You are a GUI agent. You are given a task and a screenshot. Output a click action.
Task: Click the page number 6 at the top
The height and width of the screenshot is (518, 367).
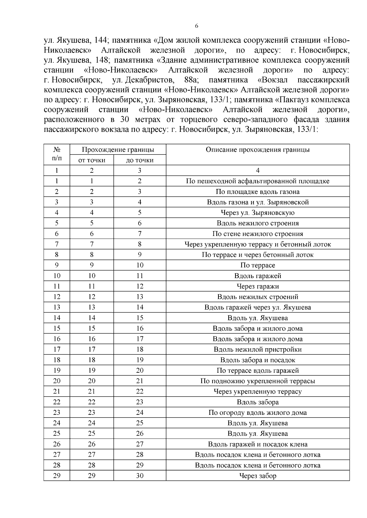(197, 26)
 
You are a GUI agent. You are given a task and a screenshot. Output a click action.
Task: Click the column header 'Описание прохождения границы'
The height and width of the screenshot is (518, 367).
(258, 150)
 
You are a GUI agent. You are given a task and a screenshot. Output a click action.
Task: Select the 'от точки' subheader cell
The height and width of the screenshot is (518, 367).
(92, 160)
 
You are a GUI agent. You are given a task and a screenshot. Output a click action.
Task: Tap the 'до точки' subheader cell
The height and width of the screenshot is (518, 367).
(140, 160)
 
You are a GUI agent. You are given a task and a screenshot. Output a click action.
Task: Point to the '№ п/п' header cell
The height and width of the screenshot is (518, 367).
(57, 154)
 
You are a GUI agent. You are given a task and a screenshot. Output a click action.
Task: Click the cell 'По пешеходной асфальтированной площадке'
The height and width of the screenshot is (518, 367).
(258, 181)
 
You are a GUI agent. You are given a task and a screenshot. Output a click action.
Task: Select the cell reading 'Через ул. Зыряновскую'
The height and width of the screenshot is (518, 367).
(258, 212)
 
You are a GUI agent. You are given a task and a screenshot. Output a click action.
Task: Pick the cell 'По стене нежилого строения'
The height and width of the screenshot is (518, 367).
(258, 234)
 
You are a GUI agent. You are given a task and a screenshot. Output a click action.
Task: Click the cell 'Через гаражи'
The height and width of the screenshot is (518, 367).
(258, 286)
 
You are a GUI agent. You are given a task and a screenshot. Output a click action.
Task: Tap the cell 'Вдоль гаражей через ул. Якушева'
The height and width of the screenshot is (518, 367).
(258, 307)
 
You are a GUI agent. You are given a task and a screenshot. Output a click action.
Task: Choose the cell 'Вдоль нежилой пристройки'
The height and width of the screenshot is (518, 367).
(258, 350)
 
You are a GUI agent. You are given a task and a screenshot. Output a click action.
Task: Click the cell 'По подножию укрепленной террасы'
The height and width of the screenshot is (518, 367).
(258, 381)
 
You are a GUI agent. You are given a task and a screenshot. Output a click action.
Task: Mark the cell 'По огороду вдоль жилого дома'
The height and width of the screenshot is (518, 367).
(258, 413)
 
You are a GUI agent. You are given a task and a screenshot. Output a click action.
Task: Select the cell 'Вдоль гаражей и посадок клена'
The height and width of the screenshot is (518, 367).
(258, 444)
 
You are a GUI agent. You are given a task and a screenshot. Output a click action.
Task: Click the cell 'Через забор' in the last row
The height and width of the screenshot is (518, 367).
(258, 476)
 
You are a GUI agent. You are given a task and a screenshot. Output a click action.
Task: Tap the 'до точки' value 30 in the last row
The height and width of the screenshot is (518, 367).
(140, 476)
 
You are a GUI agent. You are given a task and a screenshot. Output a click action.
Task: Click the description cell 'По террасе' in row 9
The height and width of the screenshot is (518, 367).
(258, 265)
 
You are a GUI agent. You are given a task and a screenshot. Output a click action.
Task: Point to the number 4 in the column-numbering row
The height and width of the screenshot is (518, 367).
(258, 170)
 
